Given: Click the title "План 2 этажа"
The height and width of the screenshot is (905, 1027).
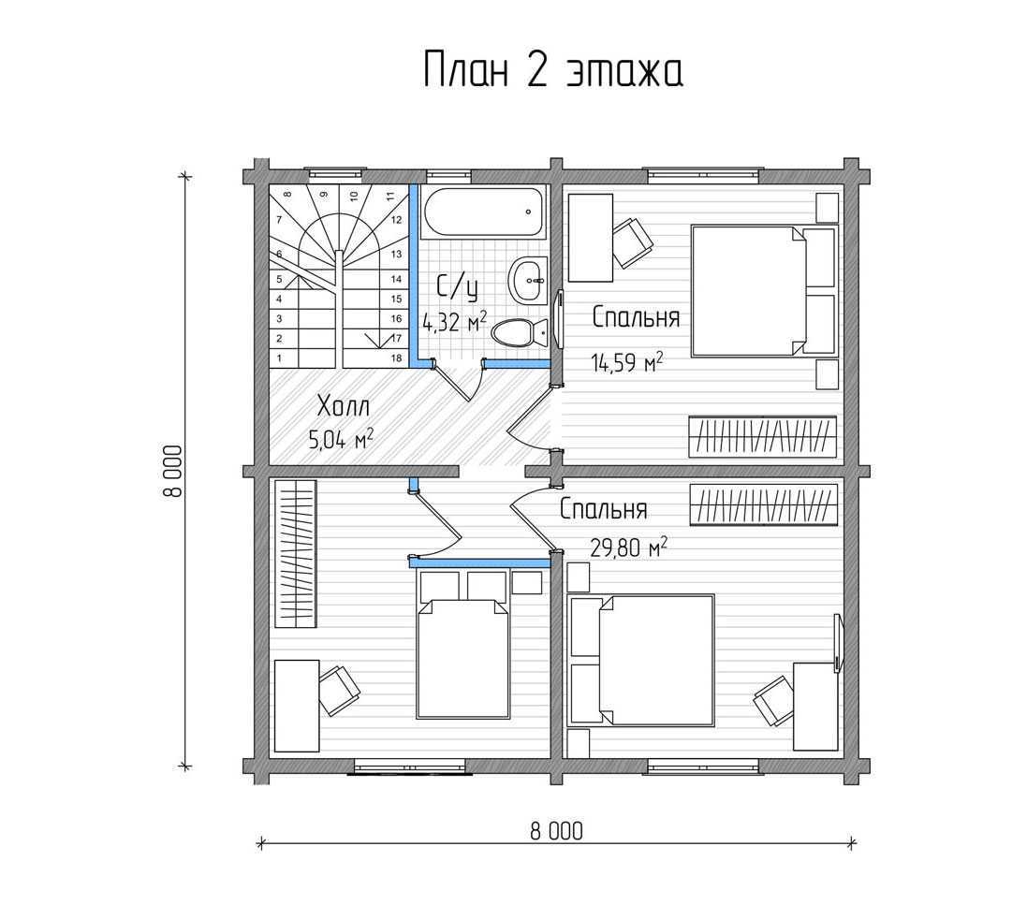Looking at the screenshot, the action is (553, 69).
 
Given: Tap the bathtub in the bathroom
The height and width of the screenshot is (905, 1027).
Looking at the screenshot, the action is (484, 212).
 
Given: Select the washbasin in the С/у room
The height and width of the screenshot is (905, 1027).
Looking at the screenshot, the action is (528, 281).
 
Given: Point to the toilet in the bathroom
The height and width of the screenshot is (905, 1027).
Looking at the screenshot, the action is (520, 332).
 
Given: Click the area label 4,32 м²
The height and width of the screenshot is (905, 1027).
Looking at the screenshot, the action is (455, 322).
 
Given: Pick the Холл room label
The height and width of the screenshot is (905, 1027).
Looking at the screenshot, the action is (344, 406).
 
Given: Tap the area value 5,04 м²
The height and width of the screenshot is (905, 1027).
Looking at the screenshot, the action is (342, 438).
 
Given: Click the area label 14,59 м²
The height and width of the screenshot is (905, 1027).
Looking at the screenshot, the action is (627, 361).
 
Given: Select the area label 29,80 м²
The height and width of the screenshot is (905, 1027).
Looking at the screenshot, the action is (629, 547).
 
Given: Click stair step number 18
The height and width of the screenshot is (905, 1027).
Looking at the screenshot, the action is (396, 358).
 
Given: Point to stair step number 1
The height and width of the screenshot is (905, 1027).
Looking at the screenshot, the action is (280, 358).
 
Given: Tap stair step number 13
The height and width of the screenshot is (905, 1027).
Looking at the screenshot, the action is (396, 254).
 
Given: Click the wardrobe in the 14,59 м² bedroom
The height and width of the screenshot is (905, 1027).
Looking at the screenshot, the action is (763, 436).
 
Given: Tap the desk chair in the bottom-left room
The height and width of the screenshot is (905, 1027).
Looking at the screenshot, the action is (339, 690).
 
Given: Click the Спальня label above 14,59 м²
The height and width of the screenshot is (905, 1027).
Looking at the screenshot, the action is (636, 317).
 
